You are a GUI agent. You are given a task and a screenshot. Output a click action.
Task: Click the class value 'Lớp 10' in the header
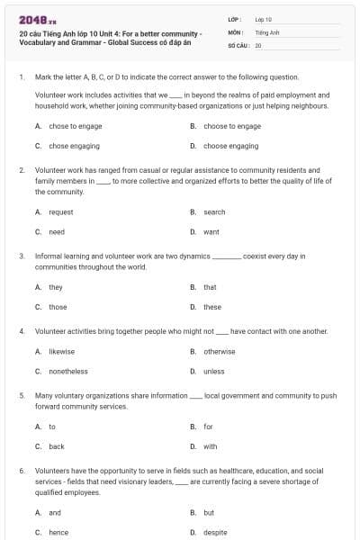coord(264,19)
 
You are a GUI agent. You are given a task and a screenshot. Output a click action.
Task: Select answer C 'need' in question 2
coord(57,231)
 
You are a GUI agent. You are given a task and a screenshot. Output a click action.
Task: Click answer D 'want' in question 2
coord(211,231)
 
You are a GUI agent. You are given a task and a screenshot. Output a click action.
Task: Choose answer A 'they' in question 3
coord(56,287)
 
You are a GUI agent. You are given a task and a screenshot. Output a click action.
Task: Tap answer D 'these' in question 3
coord(212,306)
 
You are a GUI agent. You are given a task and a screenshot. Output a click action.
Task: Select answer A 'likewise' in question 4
coord(62,352)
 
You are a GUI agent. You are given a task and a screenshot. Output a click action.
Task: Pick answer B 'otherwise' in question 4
coord(220,352)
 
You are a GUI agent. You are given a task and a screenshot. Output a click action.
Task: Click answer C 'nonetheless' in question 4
coord(68,371)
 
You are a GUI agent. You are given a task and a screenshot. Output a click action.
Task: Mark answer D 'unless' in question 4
coord(214,371)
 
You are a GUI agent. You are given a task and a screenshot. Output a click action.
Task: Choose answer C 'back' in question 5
coord(57,446)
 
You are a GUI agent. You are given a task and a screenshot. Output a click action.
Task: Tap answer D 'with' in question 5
coord(211,446)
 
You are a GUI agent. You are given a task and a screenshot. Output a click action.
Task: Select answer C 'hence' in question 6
coord(58,532)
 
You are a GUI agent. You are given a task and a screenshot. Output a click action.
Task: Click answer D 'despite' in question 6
coord(216,532)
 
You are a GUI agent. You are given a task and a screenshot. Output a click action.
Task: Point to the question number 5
coord(21,395)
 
